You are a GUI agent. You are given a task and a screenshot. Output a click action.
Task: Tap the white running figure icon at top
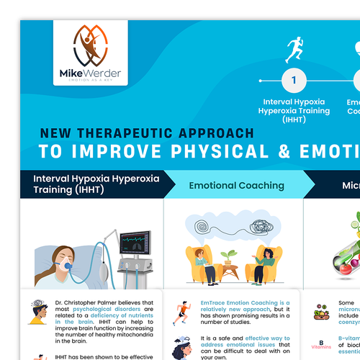click(x=294, y=50)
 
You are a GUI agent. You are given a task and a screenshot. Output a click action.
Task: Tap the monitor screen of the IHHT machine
click(x=134, y=246)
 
